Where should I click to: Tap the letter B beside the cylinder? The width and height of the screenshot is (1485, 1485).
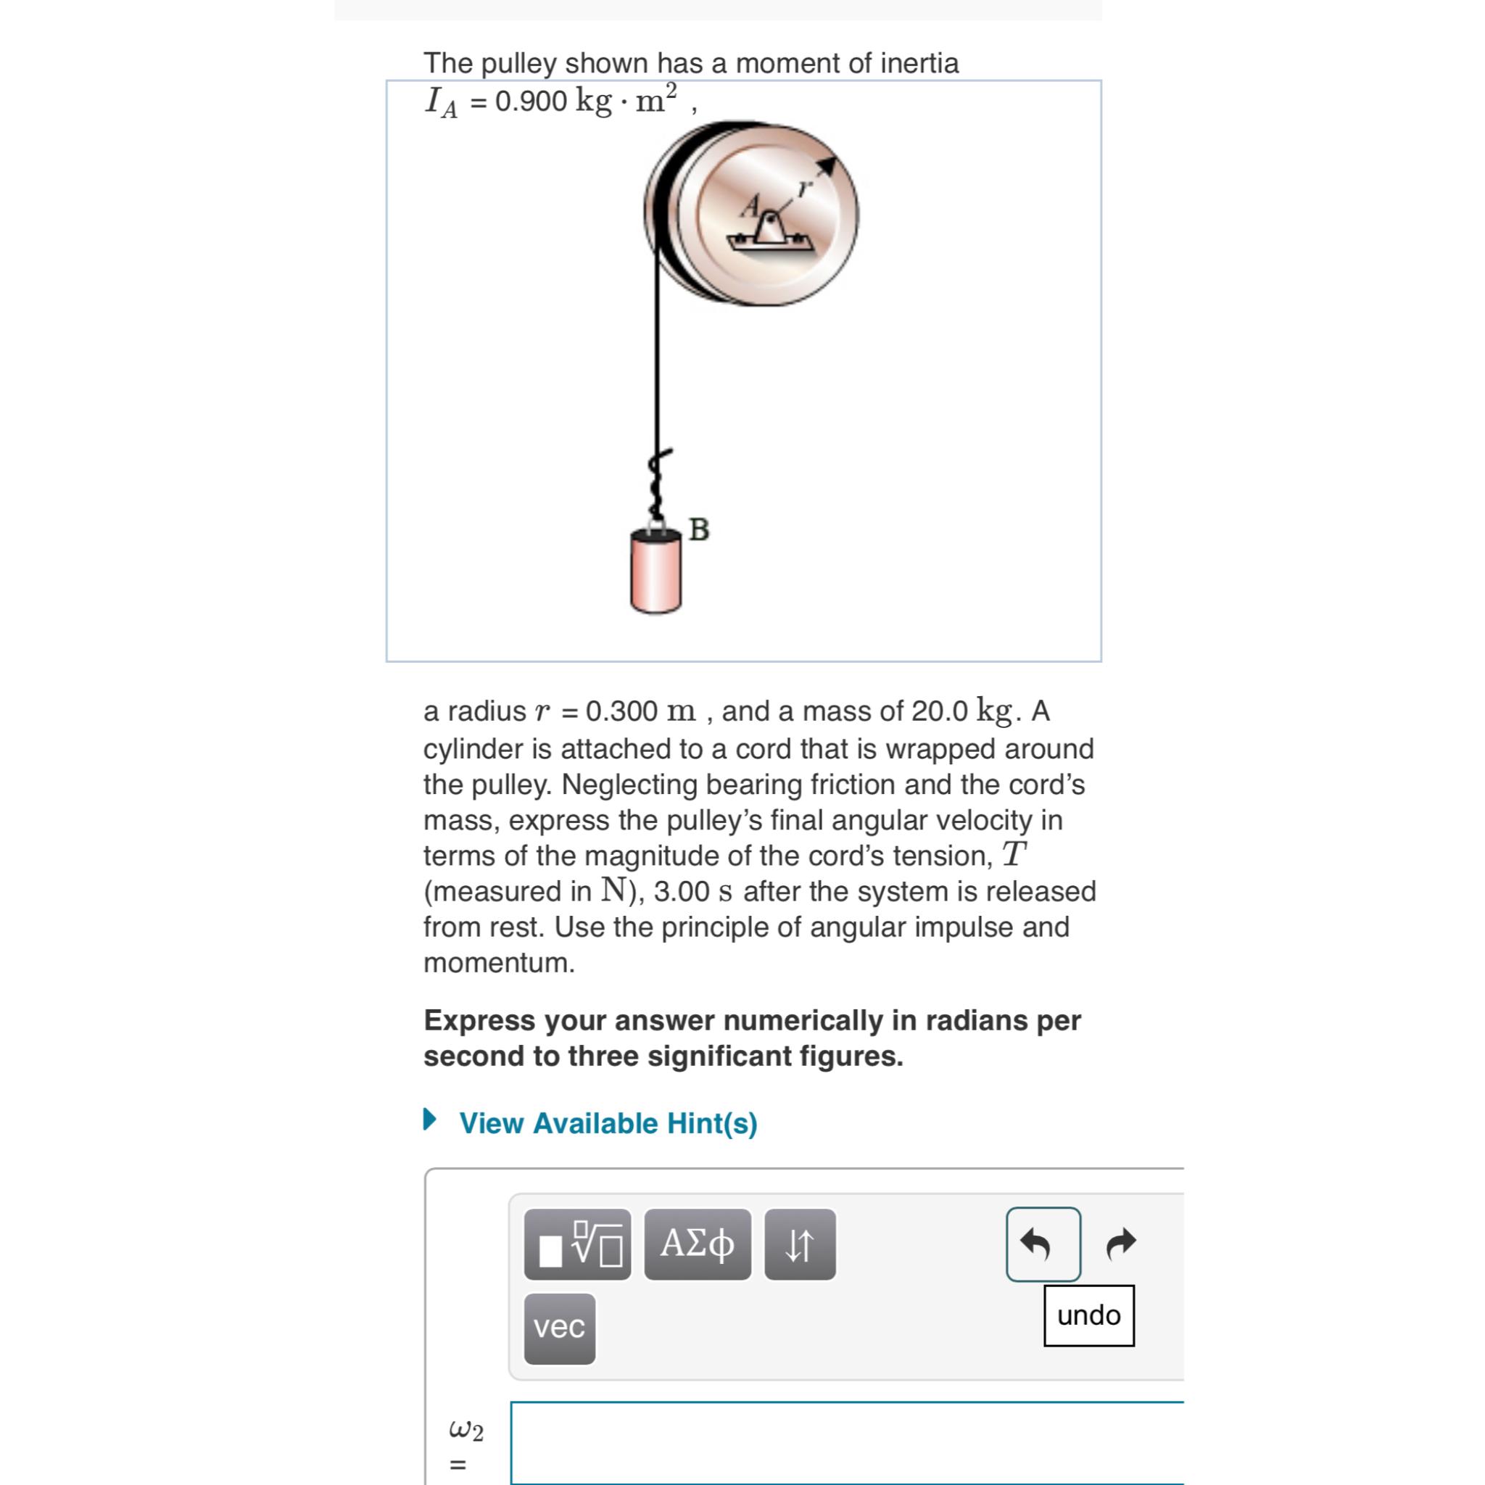[x=699, y=529]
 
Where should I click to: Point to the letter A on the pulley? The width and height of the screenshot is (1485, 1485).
[x=750, y=205]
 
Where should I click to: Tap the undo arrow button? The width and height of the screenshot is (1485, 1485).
[x=1042, y=1244]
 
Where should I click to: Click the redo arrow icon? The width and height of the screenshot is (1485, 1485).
[x=1121, y=1244]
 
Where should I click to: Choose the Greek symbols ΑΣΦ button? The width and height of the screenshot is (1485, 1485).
[x=697, y=1244]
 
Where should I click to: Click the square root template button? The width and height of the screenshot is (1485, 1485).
[x=578, y=1244]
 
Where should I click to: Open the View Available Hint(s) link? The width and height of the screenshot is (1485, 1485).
[x=608, y=1123]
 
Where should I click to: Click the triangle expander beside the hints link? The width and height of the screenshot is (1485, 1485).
[x=431, y=1119]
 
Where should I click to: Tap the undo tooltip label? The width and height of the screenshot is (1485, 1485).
[x=1088, y=1315]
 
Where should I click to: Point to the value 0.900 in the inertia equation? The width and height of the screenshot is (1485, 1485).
[x=531, y=101]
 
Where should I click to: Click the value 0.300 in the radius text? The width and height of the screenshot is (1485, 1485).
[x=621, y=711]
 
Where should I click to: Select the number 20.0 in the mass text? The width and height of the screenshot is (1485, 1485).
[x=939, y=711]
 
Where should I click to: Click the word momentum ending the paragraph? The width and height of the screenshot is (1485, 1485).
[x=498, y=962]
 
